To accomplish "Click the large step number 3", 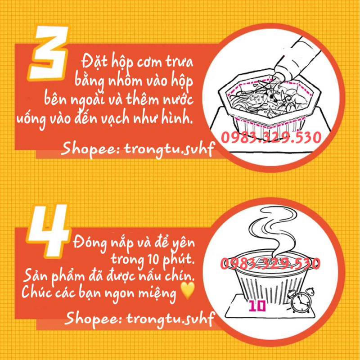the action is pos(49,53).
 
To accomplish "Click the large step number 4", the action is pos(48,231).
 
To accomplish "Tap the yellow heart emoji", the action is pos(187,291).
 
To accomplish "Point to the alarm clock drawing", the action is pos(301,300).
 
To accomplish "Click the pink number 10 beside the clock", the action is pos(257,306).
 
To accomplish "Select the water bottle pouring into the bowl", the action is pos(298,60).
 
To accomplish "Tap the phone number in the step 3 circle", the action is pos(271,138).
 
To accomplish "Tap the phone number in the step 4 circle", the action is pos(270,263).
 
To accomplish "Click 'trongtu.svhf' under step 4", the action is pos(170,319).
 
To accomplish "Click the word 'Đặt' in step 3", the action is pos(94,62).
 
